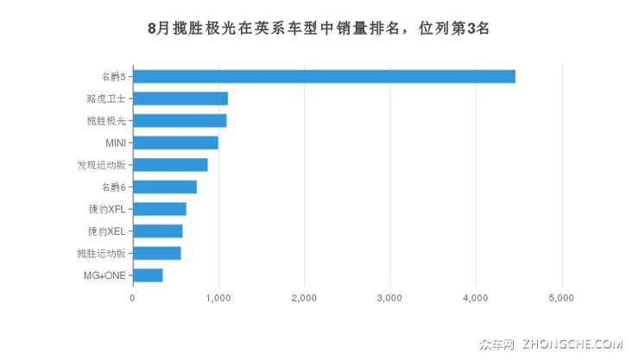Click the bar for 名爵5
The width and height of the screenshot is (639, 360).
click(x=324, y=76)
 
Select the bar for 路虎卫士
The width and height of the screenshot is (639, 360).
click(x=180, y=98)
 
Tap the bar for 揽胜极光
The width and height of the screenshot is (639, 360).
click(x=180, y=120)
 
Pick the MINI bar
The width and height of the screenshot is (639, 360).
click(x=175, y=142)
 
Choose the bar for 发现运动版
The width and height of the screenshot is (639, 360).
click(x=170, y=165)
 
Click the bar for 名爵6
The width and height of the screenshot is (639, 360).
click(x=165, y=186)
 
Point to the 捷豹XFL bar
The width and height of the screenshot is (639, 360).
click(x=160, y=209)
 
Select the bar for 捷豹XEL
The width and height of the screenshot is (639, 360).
click(x=158, y=231)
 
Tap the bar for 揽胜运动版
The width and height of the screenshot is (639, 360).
click(x=157, y=253)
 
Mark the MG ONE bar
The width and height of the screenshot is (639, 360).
click(x=148, y=275)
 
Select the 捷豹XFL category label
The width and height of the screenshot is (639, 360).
click(x=106, y=209)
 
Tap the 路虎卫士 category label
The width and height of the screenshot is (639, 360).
click(x=106, y=98)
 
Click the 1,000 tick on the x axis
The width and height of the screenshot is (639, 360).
click(x=218, y=298)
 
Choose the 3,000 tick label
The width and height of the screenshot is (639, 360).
click(x=390, y=298)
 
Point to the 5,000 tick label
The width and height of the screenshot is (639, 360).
click(x=562, y=298)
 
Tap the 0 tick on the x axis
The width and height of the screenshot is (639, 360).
click(x=132, y=298)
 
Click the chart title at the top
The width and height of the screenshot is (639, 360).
click(x=319, y=28)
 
